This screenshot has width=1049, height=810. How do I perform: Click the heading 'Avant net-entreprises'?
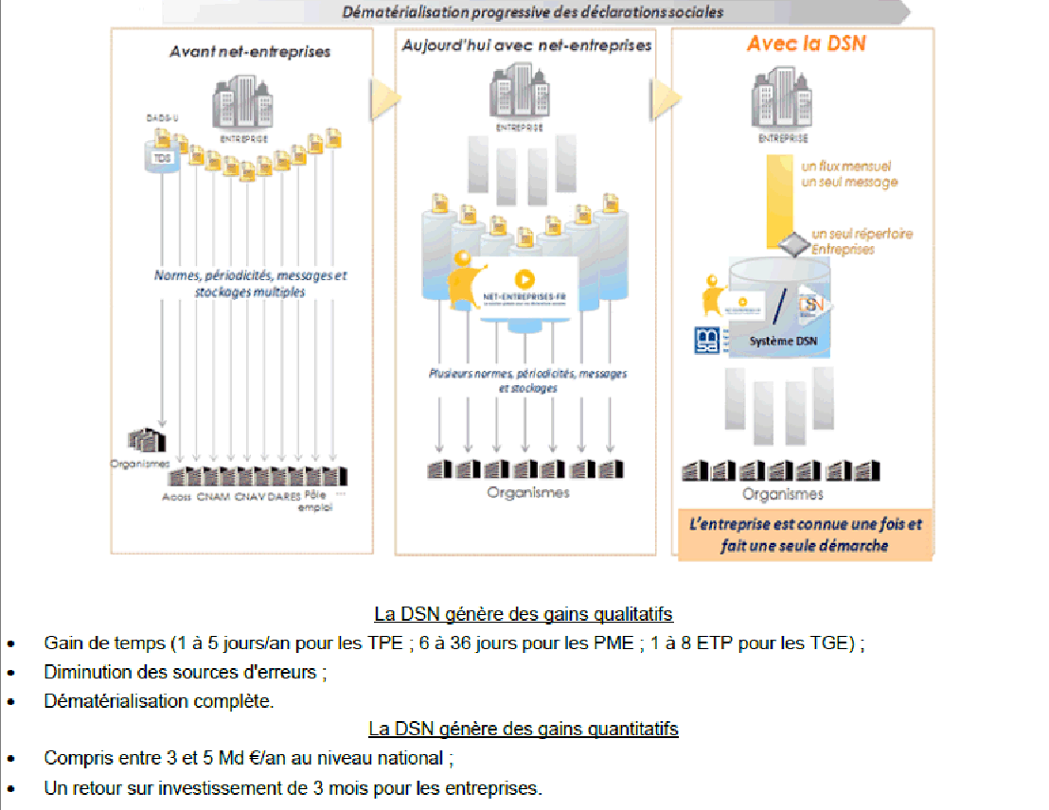point(250,51)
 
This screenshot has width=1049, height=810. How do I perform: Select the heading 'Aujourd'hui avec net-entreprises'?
point(525,45)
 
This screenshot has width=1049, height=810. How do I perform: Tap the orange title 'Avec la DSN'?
point(806,44)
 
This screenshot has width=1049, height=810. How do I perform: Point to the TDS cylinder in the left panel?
point(163,158)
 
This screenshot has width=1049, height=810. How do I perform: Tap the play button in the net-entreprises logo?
point(524,279)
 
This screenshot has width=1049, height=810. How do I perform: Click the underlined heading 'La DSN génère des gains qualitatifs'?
point(524,614)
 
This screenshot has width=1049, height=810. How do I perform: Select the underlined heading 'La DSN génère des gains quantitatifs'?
point(524,730)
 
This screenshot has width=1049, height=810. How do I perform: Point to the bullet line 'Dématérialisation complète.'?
point(158,701)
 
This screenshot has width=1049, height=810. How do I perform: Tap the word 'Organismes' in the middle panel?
point(528,492)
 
